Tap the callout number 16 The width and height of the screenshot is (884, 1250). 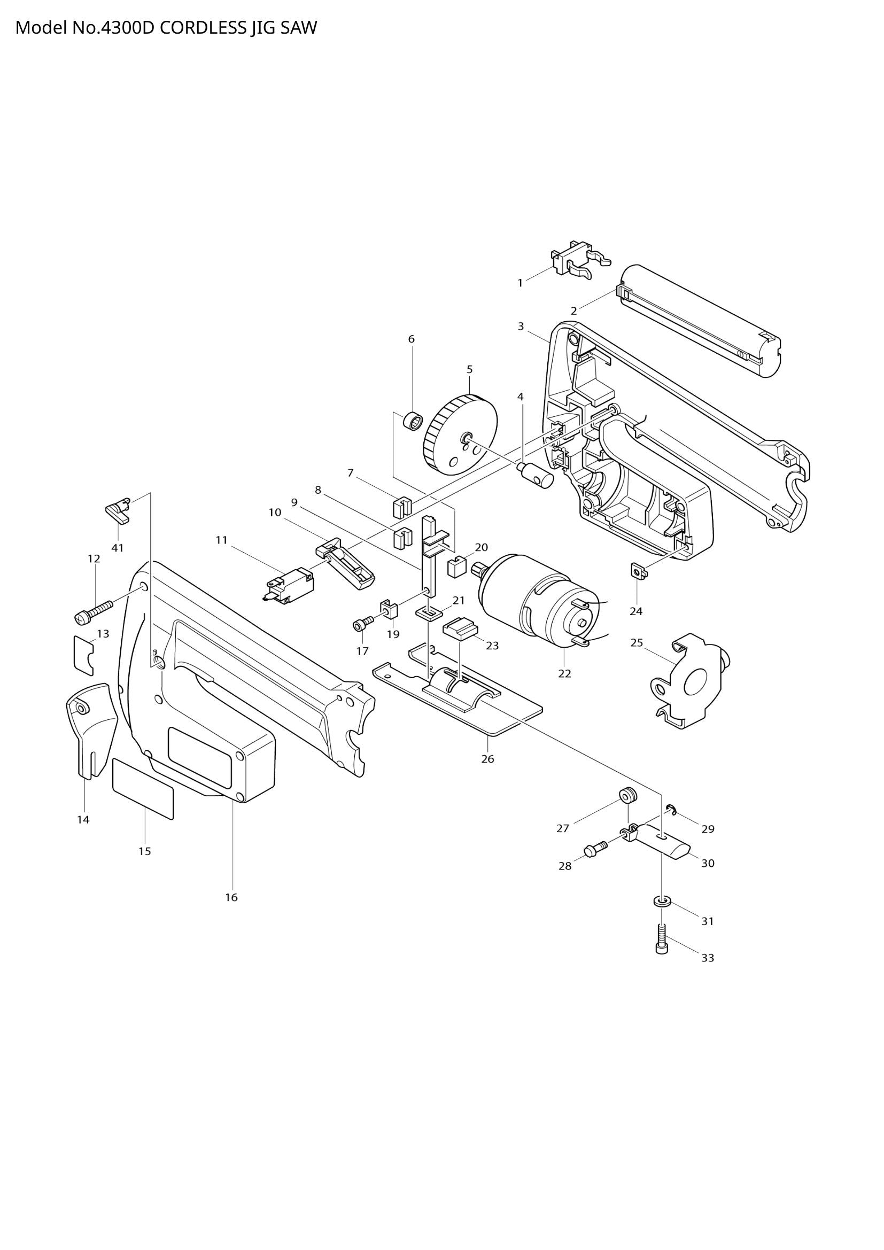point(231,897)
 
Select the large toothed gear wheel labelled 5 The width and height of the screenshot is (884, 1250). point(461,436)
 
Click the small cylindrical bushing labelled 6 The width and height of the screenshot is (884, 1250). point(413,421)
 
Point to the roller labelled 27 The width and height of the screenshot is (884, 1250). point(627,796)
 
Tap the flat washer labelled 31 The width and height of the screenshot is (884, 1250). point(661,903)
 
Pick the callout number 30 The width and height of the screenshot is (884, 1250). point(707,864)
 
